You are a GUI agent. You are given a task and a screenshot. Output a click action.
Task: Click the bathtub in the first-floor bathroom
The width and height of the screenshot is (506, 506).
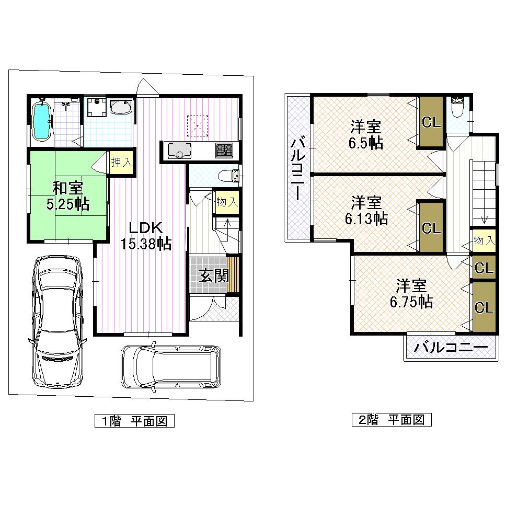[41, 122]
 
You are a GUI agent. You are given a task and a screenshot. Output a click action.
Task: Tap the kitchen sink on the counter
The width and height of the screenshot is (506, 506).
[179, 151]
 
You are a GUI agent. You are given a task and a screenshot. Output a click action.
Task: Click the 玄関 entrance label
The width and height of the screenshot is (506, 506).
[215, 275]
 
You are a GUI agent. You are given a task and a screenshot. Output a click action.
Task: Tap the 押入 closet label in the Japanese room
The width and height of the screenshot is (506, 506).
[121, 162]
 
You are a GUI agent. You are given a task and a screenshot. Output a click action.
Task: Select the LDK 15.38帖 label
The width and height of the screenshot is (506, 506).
[146, 236]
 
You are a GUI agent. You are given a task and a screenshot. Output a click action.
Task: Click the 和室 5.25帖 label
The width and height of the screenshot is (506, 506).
[67, 195]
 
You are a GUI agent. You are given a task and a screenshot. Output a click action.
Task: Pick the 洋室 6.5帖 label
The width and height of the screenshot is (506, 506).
[366, 134]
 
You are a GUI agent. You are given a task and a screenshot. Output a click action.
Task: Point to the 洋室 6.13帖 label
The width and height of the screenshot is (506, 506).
[366, 210]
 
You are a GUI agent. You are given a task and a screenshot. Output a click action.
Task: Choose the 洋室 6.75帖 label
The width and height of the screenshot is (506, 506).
[411, 294]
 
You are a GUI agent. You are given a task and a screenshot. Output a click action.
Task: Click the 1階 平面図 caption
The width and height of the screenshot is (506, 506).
[134, 421]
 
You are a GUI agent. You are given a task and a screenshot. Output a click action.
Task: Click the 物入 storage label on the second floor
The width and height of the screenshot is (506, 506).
[484, 240]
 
